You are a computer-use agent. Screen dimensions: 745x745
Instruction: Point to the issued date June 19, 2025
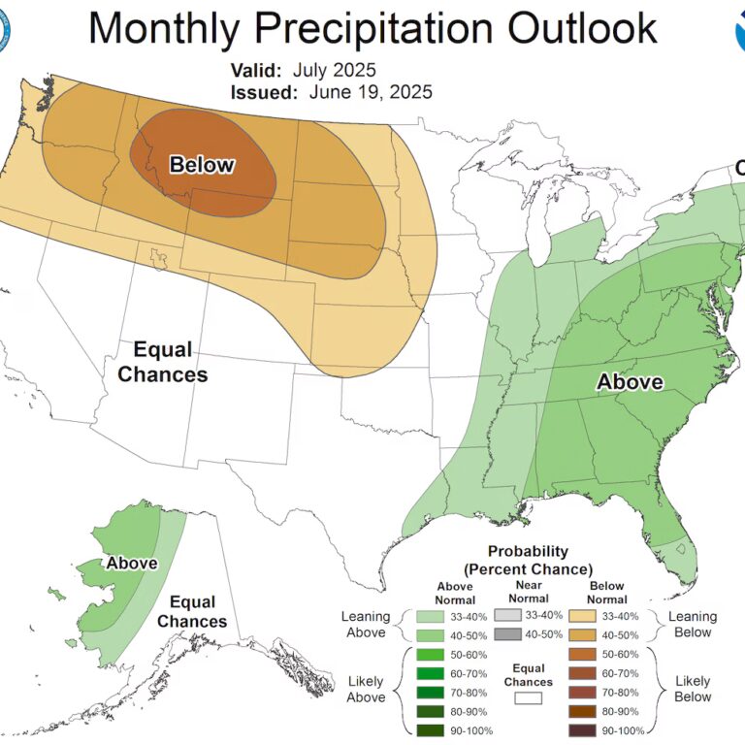[371, 92]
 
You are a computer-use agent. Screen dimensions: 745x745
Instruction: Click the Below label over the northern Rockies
[202, 165]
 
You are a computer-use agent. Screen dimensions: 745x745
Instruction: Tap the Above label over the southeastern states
[630, 382]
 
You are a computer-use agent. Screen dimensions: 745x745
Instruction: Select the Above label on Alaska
[132, 563]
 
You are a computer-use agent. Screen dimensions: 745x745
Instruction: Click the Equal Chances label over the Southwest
[163, 362]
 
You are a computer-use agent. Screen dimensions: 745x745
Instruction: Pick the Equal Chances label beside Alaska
[192, 611]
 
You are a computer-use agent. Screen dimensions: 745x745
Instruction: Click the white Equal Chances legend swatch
[529, 696]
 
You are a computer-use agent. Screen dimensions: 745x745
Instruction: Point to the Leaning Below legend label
[693, 625]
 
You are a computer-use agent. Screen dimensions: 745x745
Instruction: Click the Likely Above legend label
[366, 688]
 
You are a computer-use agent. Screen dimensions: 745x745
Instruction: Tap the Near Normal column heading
[529, 593]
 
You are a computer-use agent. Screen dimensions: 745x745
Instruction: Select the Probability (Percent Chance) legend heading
[529, 560]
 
